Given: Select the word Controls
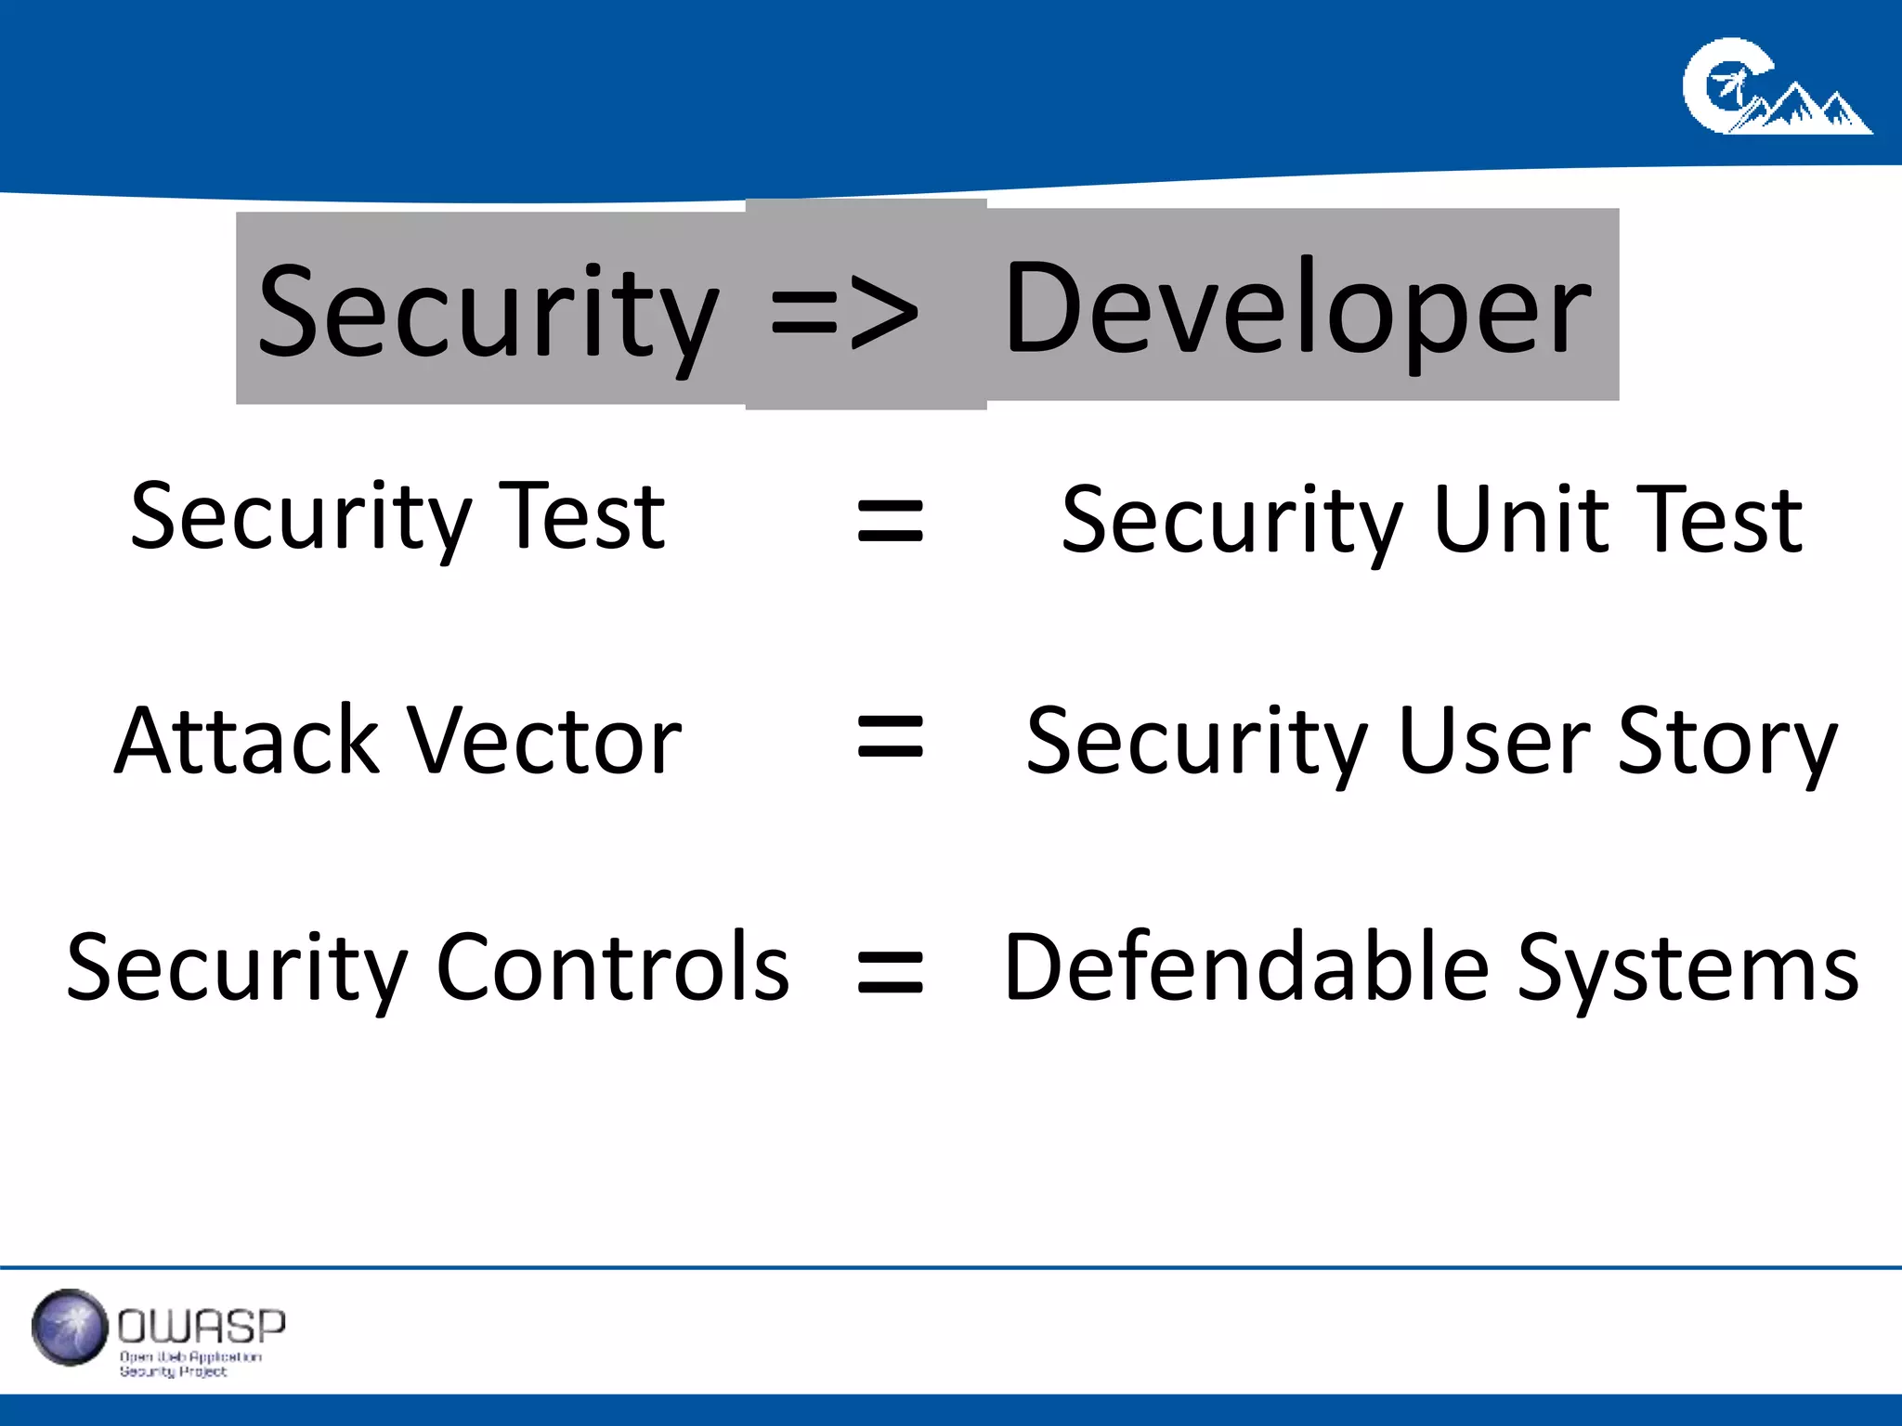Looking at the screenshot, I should coord(613,966).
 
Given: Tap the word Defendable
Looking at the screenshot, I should coord(1247,966).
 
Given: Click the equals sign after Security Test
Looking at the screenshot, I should coord(890,520).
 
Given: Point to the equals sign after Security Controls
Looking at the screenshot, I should coord(890,972).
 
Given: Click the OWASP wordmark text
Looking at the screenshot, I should coord(202,1327).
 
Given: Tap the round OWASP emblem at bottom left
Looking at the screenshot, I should coord(70,1328).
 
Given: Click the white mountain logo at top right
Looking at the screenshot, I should coord(1776,88).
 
